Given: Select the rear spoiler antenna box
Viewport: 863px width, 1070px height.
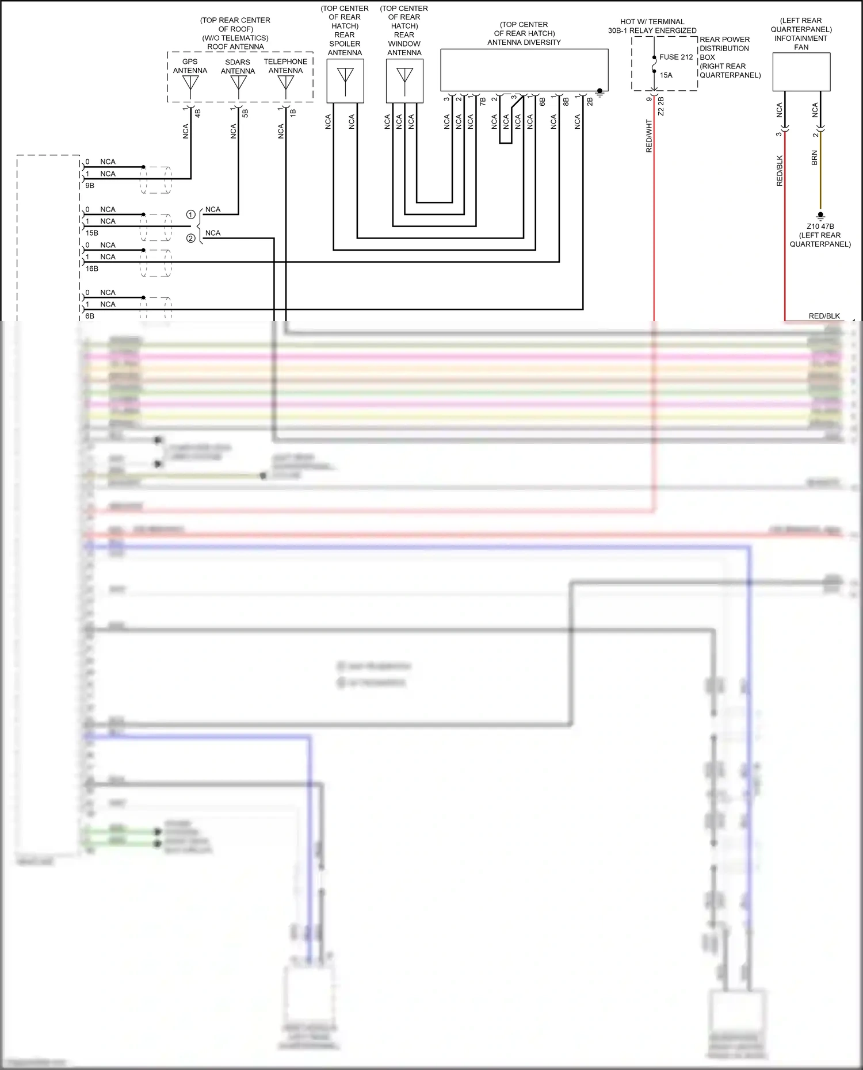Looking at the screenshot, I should tap(345, 80).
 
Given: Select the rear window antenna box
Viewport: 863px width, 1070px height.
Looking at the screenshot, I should tap(404, 80).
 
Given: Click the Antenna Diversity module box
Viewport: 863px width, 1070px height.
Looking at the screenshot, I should tap(524, 70).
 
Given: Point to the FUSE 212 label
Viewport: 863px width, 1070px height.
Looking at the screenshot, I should tap(676, 57).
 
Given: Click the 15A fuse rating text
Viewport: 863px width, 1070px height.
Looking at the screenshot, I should tap(666, 75).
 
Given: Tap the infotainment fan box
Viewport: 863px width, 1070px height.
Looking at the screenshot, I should tap(801, 72).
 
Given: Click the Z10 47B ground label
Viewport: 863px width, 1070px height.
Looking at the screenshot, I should tap(820, 227).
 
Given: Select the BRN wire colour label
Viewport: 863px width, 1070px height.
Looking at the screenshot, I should tap(814, 158).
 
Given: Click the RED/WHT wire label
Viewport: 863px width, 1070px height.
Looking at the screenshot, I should tap(649, 136).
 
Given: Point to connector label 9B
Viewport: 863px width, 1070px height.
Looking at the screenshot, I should tap(90, 186).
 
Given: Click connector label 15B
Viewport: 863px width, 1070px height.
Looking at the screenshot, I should tap(92, 233).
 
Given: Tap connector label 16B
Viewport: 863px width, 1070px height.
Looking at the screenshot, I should tap(92, 269).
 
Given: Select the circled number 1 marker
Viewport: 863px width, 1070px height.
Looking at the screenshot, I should tap(191, 214).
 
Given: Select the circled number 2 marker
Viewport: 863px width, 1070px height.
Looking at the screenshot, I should tap(191, 238).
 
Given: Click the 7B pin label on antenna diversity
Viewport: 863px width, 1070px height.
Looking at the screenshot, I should tap(483, 101).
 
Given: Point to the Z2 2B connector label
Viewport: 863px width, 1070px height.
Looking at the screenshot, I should tap(661, 106).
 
